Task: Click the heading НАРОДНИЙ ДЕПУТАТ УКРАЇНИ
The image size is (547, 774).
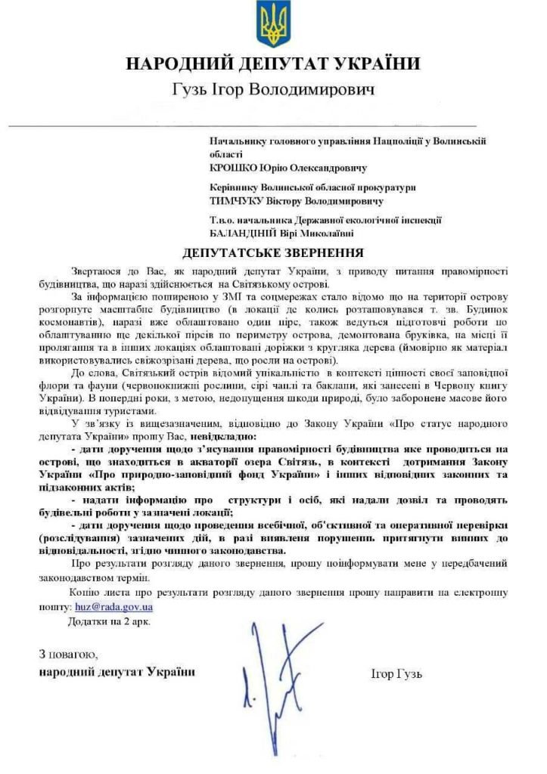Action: pos(272,64)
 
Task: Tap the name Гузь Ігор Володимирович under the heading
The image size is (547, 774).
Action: pos(272,91)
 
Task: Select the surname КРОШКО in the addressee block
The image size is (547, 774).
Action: pos(235,167)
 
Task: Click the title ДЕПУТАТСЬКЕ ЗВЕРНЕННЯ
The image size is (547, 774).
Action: pos(273,252)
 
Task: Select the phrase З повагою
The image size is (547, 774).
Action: pos(68,653)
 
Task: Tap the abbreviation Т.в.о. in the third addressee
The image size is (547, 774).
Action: pos(222,221)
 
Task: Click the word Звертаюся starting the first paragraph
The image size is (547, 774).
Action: pos(98,270)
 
